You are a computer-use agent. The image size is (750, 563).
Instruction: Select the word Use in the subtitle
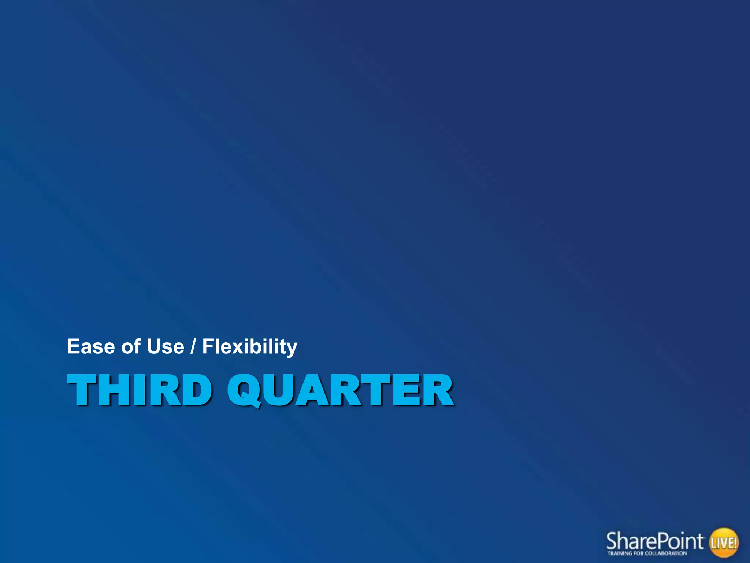tap(165, 346)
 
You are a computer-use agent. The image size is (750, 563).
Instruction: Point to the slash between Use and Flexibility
tap(193, 346)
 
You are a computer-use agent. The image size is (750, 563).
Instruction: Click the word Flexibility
tap(250, 347)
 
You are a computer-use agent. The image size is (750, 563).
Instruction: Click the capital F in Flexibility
tap(208, 346)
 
